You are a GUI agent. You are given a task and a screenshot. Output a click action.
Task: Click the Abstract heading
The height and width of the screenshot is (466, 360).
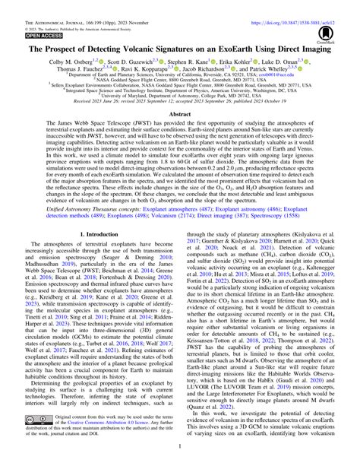coord(180,113)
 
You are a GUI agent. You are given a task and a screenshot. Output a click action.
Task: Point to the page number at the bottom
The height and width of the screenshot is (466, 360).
coord(180,460)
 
